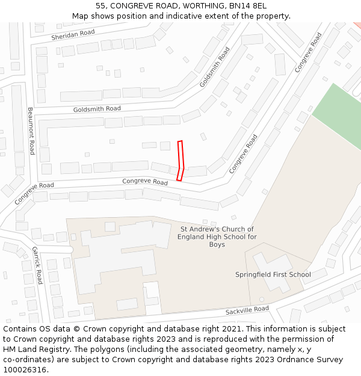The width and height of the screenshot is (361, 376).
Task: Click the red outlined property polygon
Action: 180,159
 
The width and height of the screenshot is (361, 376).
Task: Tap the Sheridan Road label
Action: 73,36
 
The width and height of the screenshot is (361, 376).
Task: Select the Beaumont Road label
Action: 31,131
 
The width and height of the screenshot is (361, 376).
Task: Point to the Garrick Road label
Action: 37,265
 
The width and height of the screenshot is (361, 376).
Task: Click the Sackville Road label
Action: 247,310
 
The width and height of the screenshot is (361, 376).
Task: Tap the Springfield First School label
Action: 273,275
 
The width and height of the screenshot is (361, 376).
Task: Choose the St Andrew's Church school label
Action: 217,236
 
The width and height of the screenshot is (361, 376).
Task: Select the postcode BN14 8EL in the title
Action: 249,6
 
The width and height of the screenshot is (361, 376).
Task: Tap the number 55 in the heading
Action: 100,6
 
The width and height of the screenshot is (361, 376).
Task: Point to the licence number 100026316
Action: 25,370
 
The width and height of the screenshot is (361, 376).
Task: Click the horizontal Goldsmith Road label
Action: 97,109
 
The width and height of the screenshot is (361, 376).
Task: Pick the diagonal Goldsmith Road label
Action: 215,67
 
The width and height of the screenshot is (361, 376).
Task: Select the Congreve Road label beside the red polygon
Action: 145,181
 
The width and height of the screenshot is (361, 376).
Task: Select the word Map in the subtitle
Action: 80,16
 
